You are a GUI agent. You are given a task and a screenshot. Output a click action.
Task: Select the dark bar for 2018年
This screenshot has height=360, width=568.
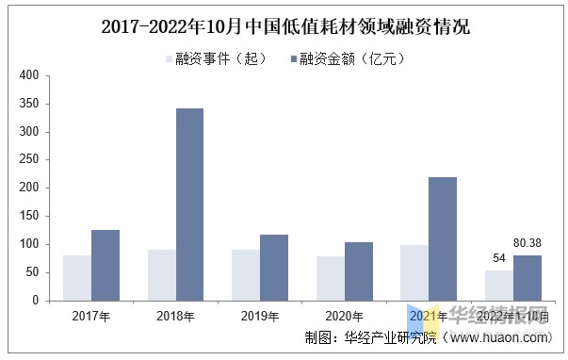(189, 205)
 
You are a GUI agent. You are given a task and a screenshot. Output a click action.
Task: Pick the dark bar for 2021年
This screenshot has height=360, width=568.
(443, 238)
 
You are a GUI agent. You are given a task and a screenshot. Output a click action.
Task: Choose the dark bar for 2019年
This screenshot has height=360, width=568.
(274, 268)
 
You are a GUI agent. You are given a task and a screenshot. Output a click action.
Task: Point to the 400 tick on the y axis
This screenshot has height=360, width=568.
(28, 75)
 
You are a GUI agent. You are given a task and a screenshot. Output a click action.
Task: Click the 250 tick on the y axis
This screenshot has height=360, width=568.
(28, 160)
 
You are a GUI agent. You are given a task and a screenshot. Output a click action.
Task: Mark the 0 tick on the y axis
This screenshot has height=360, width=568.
(35, 301)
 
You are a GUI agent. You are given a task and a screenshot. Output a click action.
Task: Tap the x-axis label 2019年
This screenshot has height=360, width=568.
(260, 317)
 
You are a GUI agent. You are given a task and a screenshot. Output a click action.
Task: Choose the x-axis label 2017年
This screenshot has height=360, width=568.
(91, 317)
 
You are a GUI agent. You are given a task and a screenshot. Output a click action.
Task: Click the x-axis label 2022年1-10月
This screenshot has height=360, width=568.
(513, 317)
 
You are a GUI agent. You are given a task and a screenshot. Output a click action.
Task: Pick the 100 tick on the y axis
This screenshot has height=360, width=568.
(28, 244)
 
